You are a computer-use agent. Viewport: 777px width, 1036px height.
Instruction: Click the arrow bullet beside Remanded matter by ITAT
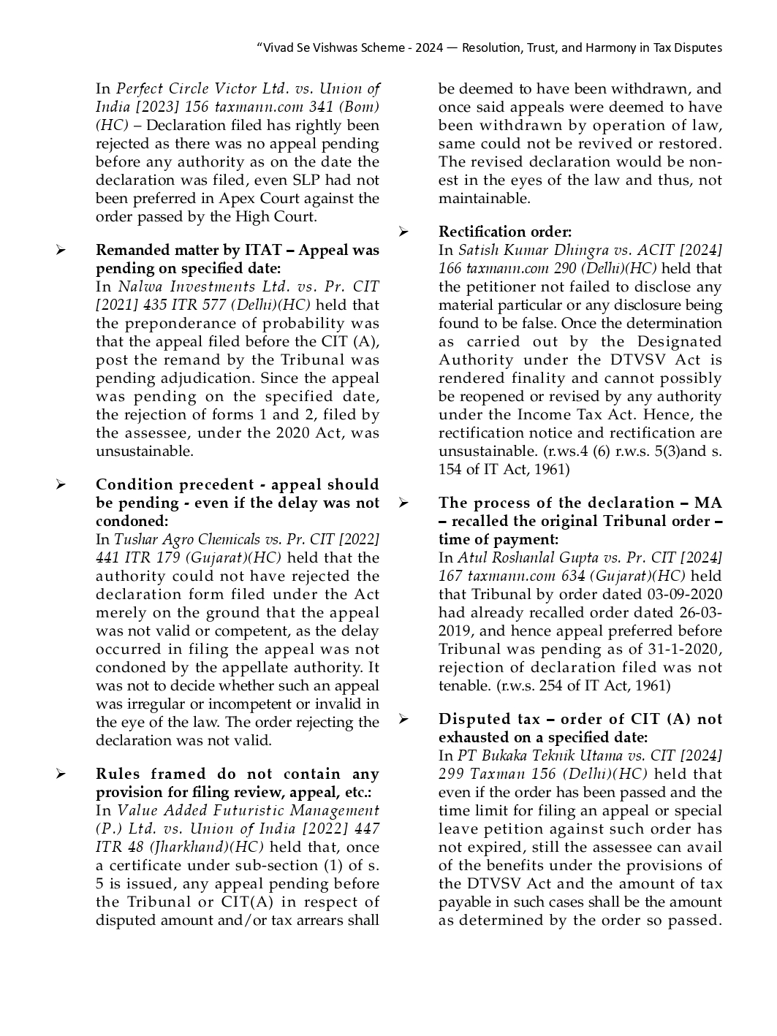61,251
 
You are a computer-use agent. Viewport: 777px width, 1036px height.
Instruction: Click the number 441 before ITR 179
107,558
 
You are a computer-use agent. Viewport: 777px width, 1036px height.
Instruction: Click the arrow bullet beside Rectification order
403,232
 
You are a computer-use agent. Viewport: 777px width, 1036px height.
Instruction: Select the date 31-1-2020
686,650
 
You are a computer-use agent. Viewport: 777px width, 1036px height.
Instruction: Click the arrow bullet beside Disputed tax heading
403,720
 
